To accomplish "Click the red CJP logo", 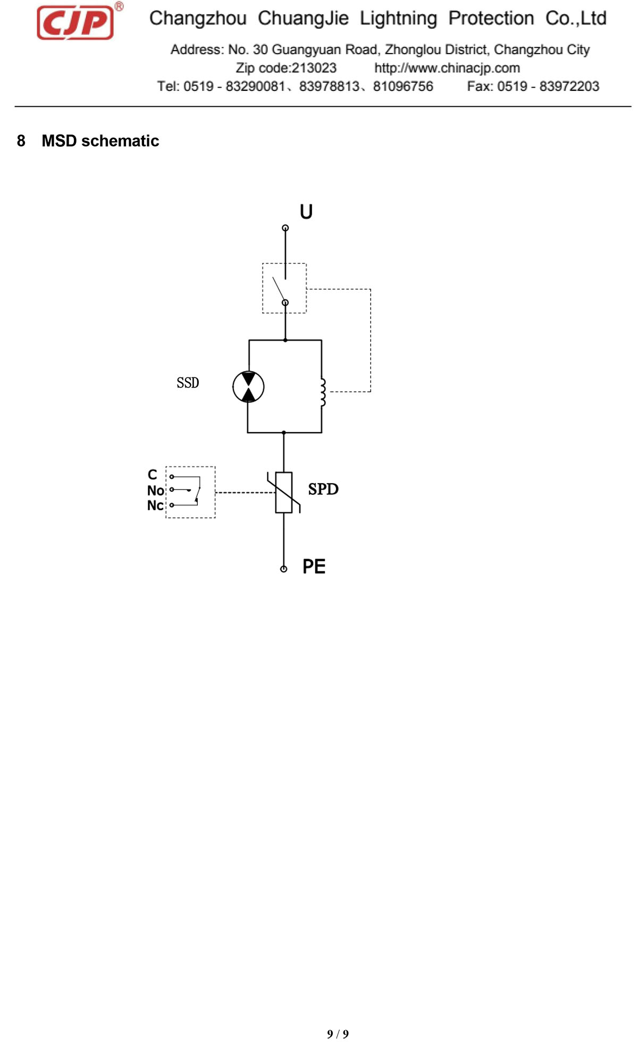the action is pos(75,22).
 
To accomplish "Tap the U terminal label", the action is pos(306,212).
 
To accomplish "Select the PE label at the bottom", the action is pos(314,567).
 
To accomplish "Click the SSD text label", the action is pos(188,383).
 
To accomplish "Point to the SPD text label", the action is pos(323,489).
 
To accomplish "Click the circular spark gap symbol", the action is pos(248,386).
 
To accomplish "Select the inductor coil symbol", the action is pos(323,393).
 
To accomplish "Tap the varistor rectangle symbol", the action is pos(284,493).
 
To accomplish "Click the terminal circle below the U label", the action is pos(286,228).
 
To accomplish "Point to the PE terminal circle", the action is pos(284,569).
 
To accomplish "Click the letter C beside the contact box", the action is pos(153,475).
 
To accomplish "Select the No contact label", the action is pos(155,490).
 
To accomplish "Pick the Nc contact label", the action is pos(155,505).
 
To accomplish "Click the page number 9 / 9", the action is pos(338,1034).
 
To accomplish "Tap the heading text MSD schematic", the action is pos(100,141).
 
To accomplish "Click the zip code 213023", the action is pos(314,68).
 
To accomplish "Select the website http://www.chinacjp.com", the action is pos(447,68).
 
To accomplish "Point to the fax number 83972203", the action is pos(569,86).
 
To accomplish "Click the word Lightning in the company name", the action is pos(399,19).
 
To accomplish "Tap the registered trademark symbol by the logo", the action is pos(119,6).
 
